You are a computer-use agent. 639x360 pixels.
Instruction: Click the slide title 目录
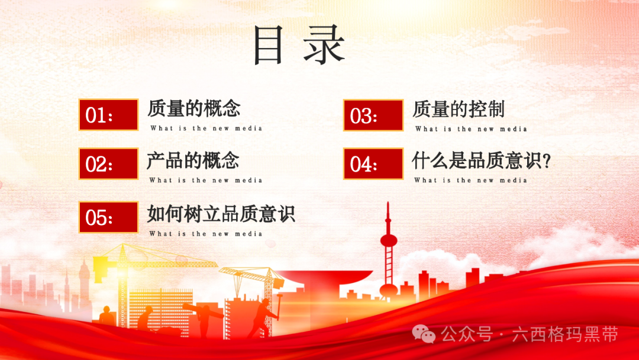[299, 44]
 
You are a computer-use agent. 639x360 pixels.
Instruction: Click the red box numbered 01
[108, 114]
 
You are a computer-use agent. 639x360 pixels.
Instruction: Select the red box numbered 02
[108, 163]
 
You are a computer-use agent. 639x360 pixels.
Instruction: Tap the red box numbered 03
[373, 115]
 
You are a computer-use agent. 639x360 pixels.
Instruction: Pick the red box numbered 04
[373, 163]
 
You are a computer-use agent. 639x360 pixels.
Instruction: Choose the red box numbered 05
[108, 217]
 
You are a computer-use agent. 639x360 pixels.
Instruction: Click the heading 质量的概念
[193, 108]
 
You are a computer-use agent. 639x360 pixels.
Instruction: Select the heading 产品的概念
[193, 160]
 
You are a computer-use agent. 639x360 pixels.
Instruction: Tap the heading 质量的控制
[459, 110]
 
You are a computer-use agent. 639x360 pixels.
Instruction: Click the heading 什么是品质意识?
[481, 160]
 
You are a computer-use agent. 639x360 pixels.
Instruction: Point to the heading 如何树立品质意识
[221, 214]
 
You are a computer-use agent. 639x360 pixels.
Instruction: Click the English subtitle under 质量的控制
[471, 129]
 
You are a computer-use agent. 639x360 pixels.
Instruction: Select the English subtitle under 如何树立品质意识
[206, 234]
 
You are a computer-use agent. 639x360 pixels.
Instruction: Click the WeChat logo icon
[424, 334]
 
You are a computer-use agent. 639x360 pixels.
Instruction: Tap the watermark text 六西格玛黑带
[565, 335]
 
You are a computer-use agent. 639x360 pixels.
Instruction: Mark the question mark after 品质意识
[547, 161]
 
